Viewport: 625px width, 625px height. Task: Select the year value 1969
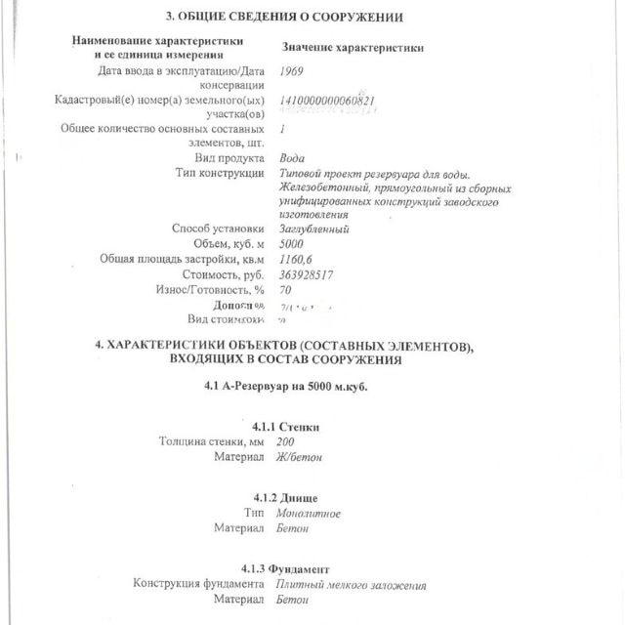tap(291, 71)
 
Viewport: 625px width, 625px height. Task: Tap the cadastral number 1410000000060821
tap(327, 100)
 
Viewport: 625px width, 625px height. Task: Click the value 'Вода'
tap(291, 158)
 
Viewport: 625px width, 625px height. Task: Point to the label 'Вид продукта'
tap(229, 158)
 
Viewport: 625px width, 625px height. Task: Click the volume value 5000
tap(292, 243)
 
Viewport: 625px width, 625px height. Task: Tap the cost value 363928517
tap(307, 274)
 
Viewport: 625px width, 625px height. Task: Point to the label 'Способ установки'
tap(218, 229)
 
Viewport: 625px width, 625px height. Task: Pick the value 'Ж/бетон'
tap(299, 456)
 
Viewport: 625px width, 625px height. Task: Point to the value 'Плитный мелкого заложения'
tap(351, 585)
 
